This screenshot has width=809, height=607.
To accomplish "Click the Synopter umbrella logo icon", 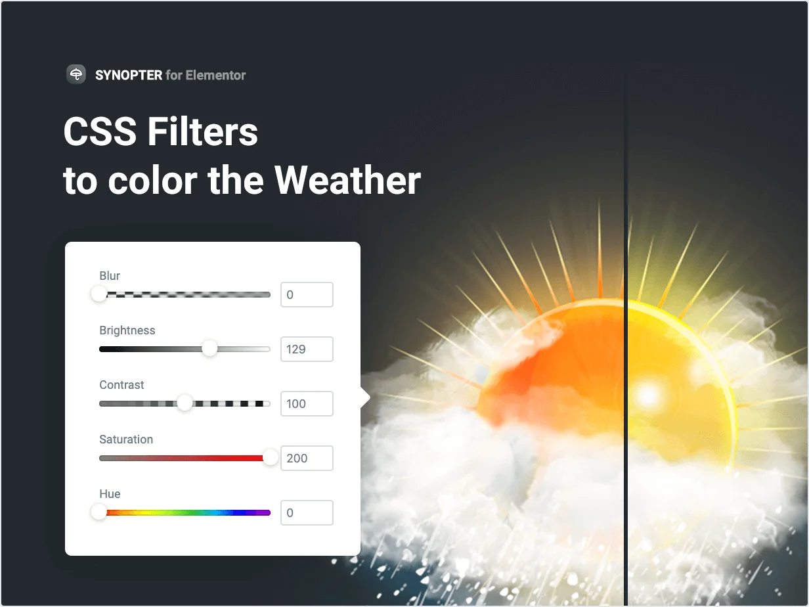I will pyautogui.click(x=76, y=74).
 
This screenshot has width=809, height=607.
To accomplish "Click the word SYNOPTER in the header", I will pyautogui.click(x=129, y=75).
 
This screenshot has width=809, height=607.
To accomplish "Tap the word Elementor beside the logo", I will pyautogui.click(x=215, y=75).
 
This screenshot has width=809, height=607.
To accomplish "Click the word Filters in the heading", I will pyautogui.click(x=202, y=132).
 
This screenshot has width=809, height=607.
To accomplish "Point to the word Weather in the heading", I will pyautogui.click(x=347, y=180).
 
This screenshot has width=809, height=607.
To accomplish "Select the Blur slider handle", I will pyautogui.click(x=99, y=294).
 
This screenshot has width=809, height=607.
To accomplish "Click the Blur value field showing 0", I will pyautogui.click(x=307, y=295).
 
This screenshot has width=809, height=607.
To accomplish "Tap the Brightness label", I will pyautogui.click(x=127, y=330).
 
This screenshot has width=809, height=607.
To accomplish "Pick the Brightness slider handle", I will pyautogui.click(x=209, y=348).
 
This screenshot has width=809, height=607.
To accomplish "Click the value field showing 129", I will pyautogui.click(x=307, y=349).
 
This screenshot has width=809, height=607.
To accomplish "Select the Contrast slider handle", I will pyautogui.click(x=185, y=403).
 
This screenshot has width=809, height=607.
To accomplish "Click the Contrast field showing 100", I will pyautogui.click(x=307, y=404).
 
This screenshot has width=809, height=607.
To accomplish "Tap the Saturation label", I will pyautogui.click(x=126, y=439).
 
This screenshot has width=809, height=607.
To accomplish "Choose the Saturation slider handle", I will pyautogui.click(x=271, y=457).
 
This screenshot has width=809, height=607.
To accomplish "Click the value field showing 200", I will pyautogui.click(x=307, y=459).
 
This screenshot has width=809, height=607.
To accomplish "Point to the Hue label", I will pyautogui.click(x=110, y=494).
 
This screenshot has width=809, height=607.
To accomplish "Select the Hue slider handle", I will pyautogui.click(x=99, y=512).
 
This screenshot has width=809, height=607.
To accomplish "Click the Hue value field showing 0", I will pyautogui.click(x=307, y=513).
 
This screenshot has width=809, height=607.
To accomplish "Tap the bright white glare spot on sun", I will pyautogui.click(x=649, y=394).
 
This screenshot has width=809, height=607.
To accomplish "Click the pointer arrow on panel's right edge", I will pyautogui.click(x=365, y=397).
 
